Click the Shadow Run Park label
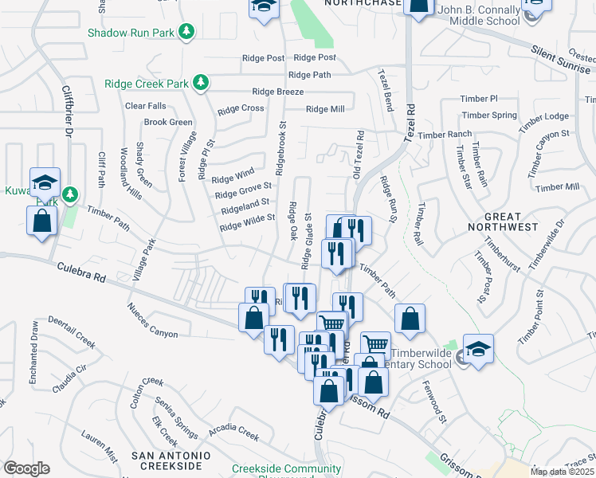click(x=131, y=33)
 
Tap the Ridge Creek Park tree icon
click(x=202, y=82)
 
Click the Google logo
click(x=26, y=468)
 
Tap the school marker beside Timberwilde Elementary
click(x=478, y=350)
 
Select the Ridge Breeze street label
click(x=277, y=92)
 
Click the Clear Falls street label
click(x=145, y=106)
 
